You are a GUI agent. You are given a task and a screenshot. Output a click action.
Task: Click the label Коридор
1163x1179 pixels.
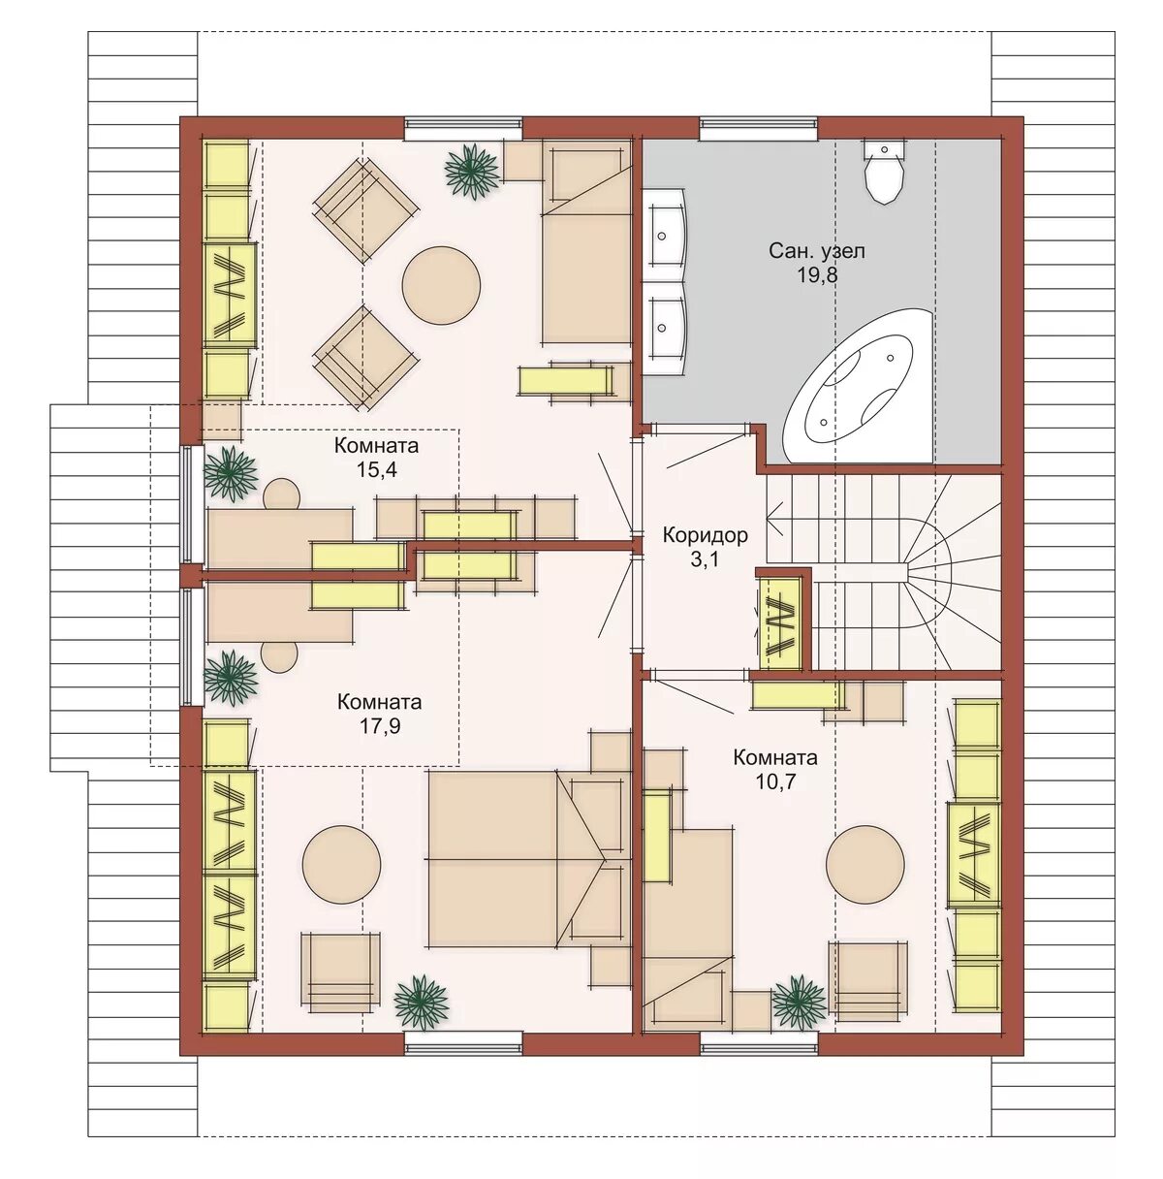point(706,535)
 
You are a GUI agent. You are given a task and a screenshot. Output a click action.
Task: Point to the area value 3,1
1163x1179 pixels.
point(706,560)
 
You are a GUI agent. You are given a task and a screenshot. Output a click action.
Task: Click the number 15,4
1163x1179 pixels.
point(376,470)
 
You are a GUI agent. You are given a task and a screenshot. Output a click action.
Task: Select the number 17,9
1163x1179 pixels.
point(379,726)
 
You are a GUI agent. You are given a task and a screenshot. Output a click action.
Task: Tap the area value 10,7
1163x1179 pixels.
point(775,781)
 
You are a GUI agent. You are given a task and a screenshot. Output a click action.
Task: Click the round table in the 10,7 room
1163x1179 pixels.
point(865,864)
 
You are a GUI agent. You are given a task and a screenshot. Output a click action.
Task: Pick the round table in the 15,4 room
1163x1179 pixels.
point(441,285)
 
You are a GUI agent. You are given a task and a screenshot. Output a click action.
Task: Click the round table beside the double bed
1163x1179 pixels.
point(342,864)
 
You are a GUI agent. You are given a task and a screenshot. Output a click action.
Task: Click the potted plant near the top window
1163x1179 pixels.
point(471,171)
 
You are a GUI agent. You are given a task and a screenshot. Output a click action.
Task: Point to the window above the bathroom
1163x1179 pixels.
point(759,127)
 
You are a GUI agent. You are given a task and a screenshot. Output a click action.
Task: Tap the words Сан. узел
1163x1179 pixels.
point(817,251)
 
